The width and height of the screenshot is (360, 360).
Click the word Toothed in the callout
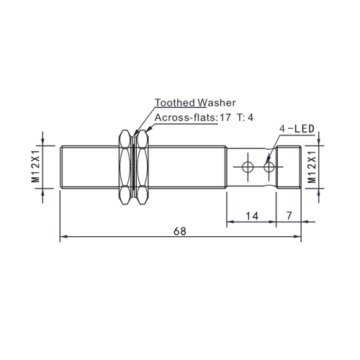(x=169, y=103)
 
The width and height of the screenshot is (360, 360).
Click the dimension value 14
(x=251, y=215)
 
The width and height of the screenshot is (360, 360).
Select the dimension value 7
(x=289, y=215)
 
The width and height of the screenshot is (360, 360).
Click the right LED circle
(x=269, y=168)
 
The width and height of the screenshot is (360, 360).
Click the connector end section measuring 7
(x=288, y=167)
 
